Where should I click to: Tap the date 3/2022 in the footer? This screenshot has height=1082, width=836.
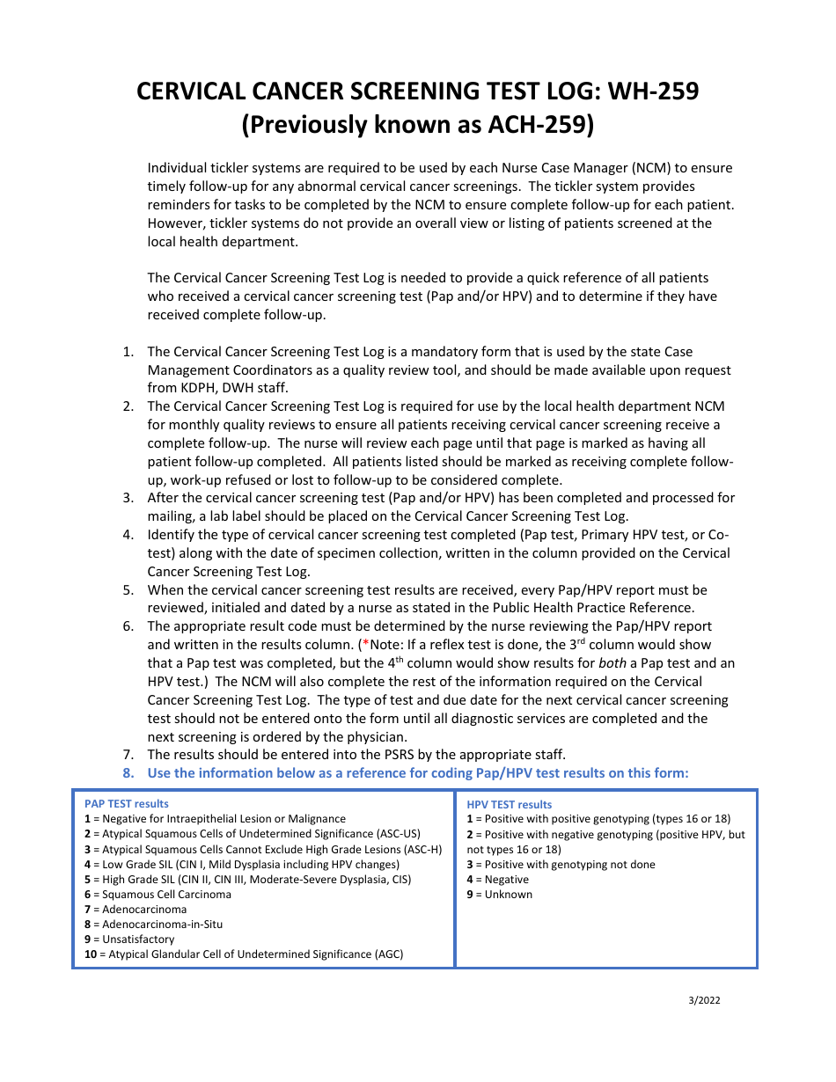click(x=705, y=999)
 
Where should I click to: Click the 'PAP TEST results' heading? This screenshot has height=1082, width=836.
click(x=127, y=803)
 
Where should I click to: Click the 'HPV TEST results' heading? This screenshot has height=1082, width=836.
click(x=510, y=804)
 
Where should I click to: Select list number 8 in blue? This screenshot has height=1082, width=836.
click(x=128, y=772)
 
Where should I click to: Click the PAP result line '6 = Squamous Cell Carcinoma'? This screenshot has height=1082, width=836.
click(x=158, y=894)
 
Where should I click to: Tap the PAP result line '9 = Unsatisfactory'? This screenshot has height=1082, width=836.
click(x=129, y=939)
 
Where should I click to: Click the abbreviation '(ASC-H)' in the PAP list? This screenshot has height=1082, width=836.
click(x=420, y=849)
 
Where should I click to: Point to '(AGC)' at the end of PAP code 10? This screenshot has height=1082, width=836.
click(x=388, y=954)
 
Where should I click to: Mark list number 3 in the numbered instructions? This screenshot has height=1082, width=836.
click(x=128, y=498)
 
